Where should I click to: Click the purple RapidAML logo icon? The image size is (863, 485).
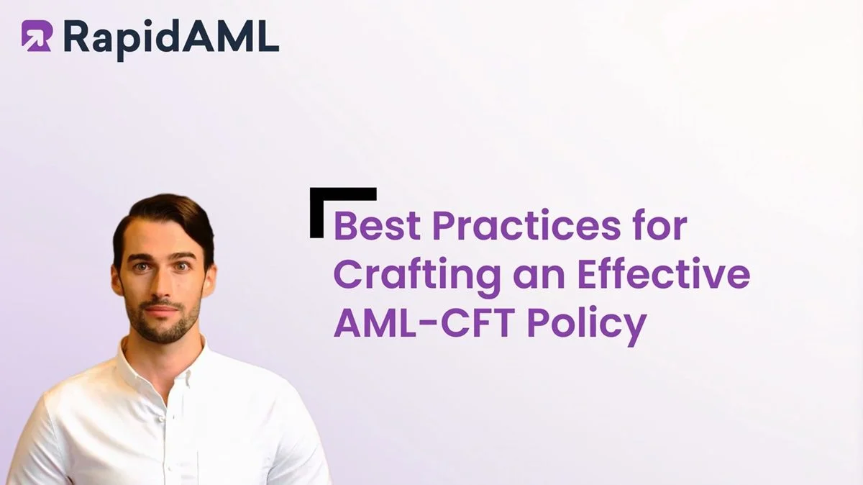36,35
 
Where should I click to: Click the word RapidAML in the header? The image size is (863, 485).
170,37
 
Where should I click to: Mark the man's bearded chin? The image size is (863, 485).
162,331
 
